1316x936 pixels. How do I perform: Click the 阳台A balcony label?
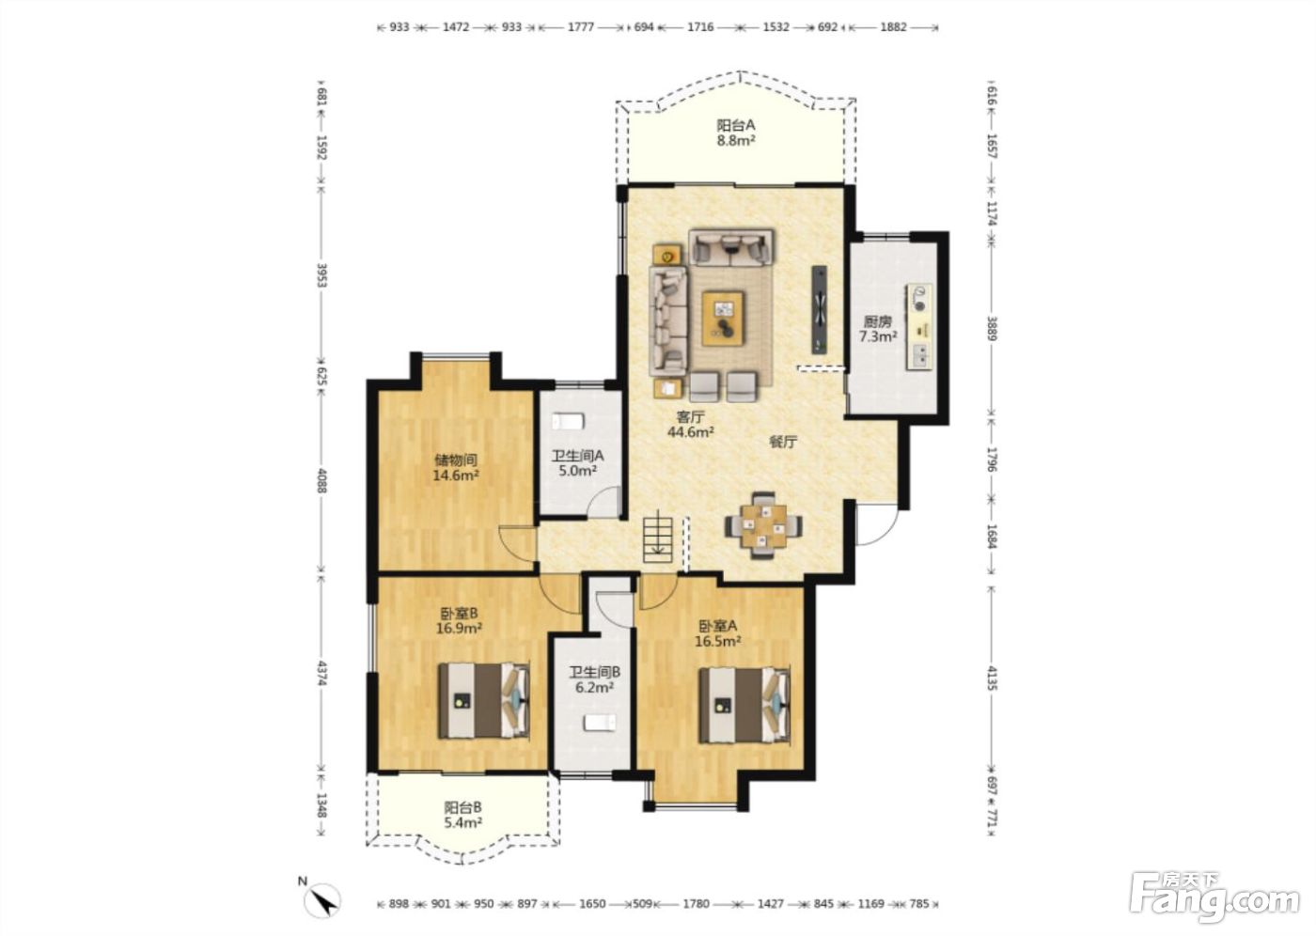coord(735,125)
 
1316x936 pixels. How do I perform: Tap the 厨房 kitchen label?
coord(878,321)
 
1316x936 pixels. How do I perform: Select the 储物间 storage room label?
coord(455,460)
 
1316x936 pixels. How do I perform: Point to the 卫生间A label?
coord(577,455)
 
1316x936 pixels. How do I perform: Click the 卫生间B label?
coord(594,672)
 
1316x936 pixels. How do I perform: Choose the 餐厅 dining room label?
coord(783,443)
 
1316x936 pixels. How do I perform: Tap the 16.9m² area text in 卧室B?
coord(459,629)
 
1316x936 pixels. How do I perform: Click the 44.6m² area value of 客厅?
coord(690,431)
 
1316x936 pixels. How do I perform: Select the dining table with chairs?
coord(763,525)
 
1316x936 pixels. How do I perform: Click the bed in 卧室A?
coord(744,705)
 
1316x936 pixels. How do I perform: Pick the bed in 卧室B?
coord(484,700)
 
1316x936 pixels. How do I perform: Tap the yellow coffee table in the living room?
coord(723,318)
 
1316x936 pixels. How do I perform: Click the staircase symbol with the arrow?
coord(657,537)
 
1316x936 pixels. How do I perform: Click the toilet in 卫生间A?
coord(568,421)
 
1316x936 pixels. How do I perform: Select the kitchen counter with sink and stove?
coord(919,326)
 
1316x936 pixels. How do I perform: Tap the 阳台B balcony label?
coord(462,808)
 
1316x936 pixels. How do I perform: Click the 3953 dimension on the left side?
coord(321,274)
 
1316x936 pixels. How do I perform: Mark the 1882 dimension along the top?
coord(893,27)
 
